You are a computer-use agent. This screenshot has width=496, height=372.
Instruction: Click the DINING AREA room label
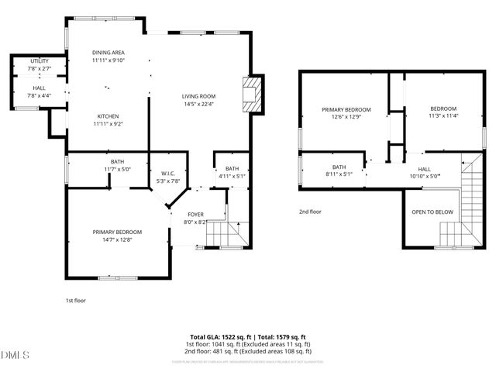click(108, 53)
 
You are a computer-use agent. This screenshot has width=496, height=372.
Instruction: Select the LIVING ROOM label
click(198, 96)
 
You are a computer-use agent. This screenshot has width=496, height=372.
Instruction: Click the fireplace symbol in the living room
click(252, 95)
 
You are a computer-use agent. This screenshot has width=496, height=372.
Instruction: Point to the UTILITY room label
click(39, 60)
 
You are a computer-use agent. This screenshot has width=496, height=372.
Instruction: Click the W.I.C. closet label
click(169, 173)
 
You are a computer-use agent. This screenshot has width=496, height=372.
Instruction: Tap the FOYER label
click(196, 214)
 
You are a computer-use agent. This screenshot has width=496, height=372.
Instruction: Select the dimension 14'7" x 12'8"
click(118, 239)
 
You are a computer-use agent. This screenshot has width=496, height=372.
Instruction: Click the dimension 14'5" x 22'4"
click(198, 104)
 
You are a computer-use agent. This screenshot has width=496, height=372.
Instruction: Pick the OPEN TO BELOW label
click(432, 212)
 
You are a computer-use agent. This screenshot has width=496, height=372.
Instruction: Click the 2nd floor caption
click(310, 212)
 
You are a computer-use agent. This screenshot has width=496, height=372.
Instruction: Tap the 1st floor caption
click(75, 299)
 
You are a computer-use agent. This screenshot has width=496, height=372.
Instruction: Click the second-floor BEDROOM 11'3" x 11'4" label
click(443, 108)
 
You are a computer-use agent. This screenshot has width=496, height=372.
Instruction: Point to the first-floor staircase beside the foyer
click(230, 232)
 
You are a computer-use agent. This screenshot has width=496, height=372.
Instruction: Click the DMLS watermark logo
click(15, 356)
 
